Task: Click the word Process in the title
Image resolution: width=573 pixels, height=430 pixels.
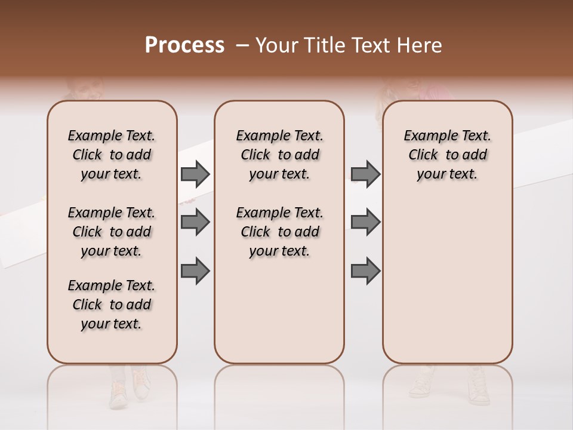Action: coord(184,45)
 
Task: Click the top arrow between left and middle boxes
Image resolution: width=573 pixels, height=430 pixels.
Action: coord(195,174)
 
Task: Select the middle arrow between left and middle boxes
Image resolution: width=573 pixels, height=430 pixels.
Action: coord(195,222)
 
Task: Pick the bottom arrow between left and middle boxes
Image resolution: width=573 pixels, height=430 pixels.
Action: coord(195,271)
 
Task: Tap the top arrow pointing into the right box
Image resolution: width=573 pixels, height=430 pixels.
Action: coord(365,174)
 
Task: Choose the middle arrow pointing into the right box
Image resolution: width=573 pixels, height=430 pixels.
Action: coord(365,222)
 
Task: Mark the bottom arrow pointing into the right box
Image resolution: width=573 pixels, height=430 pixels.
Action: coord(365,271)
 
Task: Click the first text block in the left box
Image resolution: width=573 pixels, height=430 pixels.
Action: coord(112,155)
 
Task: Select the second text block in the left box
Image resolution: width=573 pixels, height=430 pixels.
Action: coord(112,232)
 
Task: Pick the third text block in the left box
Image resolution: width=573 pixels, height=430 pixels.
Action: coord(112,305)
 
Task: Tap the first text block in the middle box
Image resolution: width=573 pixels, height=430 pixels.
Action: coord(279,155)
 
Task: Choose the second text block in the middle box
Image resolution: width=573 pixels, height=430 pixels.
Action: coord(279,232)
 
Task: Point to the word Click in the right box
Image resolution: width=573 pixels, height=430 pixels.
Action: coord(423,155)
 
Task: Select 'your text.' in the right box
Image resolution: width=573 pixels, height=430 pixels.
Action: coord(447,174)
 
